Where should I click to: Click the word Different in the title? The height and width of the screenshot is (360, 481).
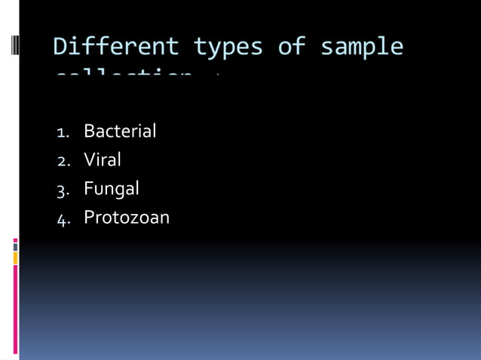[x=116, y=47]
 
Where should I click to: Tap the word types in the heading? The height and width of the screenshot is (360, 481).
[x=228, y=47]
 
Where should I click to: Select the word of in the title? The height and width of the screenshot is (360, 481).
[x=291, y=47]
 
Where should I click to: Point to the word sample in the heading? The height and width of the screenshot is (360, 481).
[x=361, y=47]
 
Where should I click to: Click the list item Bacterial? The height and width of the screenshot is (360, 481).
[x=120, y=131]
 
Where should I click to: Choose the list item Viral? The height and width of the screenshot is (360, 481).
[x=103, y=160]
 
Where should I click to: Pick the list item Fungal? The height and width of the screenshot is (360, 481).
[x=111, y=188]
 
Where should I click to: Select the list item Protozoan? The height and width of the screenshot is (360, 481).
[x=127, y=218]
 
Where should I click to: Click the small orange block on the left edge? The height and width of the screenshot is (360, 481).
[x=15, y=258]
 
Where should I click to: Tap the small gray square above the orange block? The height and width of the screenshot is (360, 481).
[x=15, y=247]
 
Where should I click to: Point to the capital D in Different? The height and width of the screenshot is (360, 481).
[x=61, y=47]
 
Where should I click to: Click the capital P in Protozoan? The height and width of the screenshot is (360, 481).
[x=90, y=218]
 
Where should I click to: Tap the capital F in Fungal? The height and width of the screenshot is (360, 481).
[x=88, y=188]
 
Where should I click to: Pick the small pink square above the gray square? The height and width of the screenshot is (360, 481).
[x=15, y=240]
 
